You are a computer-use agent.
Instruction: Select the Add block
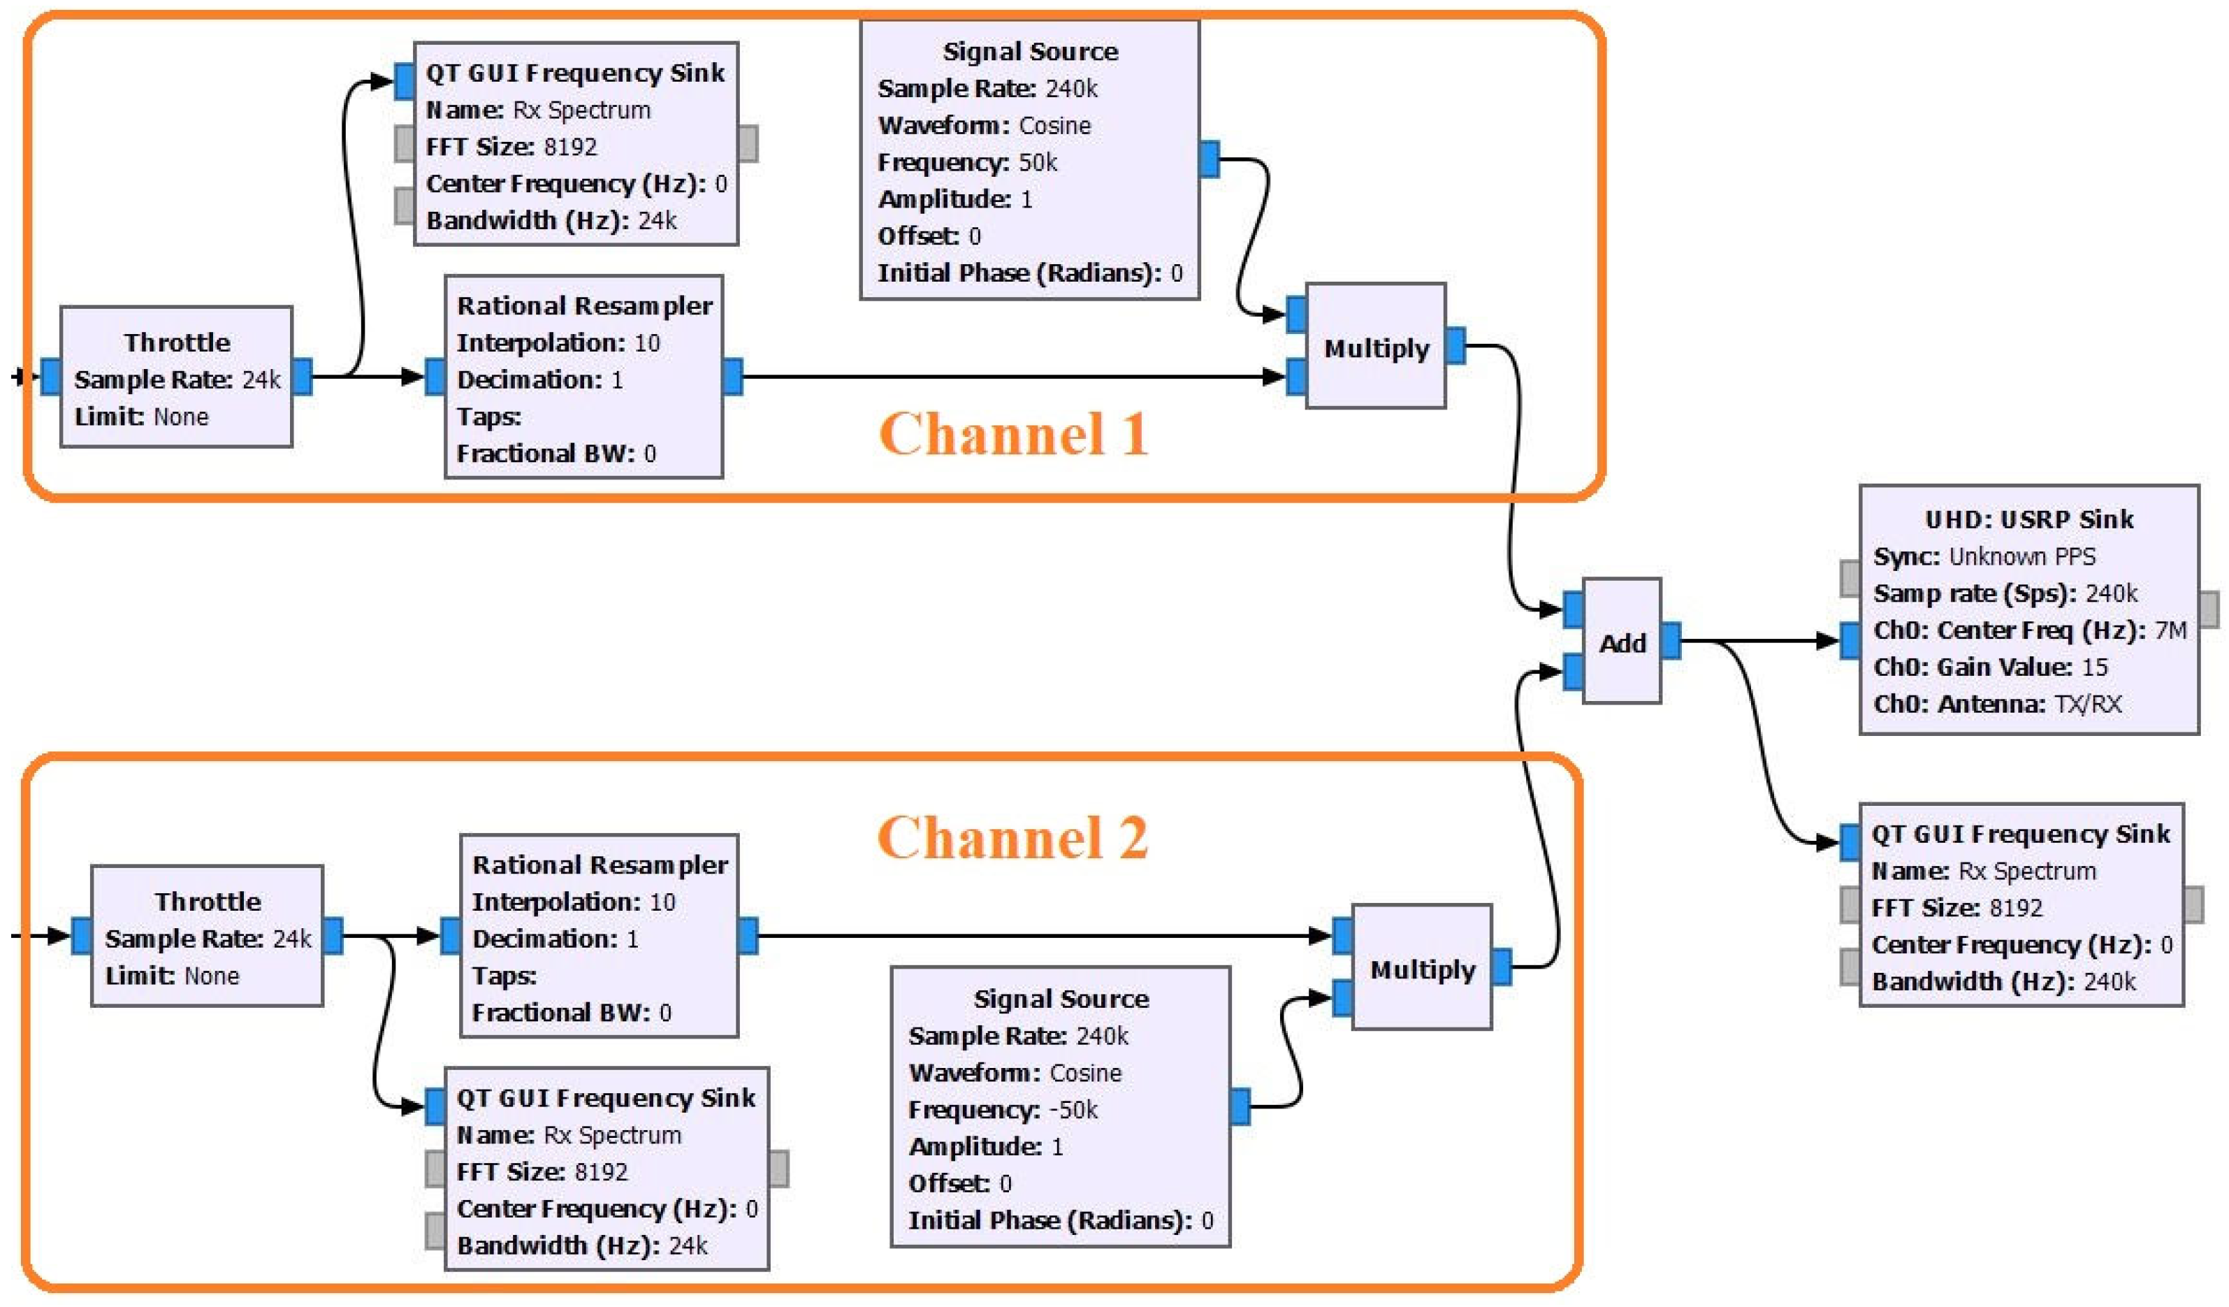tap(1621, 642)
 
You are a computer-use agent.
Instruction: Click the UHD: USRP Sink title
tap(2029, 519)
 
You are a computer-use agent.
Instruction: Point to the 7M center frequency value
tap(2170, 630)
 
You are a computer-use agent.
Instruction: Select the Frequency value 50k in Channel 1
tap(1038, 163)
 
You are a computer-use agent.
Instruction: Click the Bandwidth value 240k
tap(2109, 981)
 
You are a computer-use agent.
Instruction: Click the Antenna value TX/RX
tap(2087, 705)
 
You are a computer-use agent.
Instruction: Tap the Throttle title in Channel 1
tap(177, 342)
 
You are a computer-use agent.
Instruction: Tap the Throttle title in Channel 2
tap(208, 902)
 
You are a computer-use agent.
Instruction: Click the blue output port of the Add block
tap(1671, 641)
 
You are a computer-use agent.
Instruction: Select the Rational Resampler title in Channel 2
tap(600, 865)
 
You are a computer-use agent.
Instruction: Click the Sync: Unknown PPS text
tap(1984, 556)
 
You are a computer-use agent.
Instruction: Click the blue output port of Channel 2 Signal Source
tap(1240, 1106)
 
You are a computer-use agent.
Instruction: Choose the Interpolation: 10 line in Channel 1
tap(558, 343)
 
